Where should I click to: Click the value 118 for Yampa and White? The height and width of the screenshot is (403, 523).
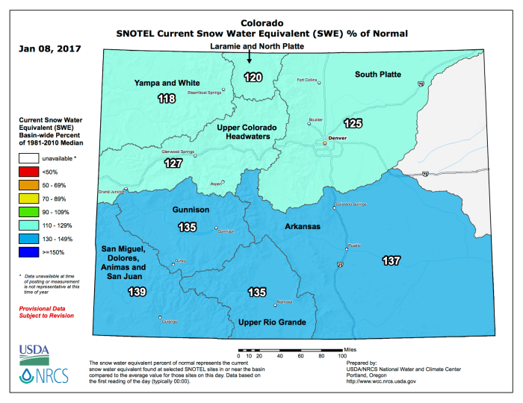[166, 99]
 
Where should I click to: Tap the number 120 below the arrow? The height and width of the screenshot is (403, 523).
[253, 78]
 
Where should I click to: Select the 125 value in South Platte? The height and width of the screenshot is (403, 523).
[352, 122]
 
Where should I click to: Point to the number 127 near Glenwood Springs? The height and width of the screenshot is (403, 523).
[173, 163]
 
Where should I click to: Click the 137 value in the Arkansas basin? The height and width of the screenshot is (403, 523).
[391, 261]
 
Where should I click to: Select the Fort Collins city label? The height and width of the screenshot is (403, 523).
[307, 81]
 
